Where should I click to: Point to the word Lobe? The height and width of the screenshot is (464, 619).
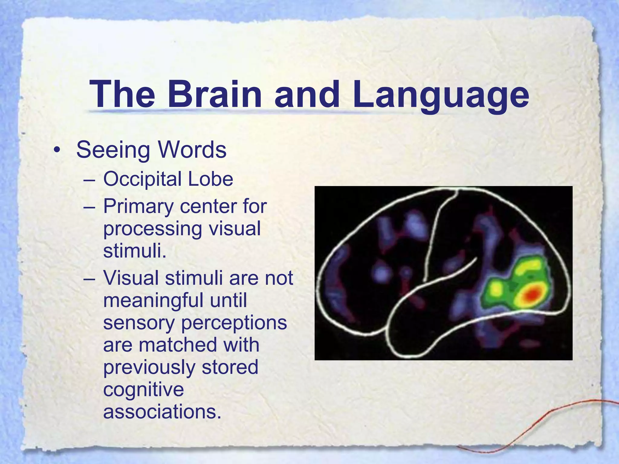[x=211, y=179]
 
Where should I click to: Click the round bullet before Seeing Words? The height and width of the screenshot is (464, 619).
[x=56, y=150]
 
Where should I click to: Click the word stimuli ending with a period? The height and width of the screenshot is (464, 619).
[x=135, y=251]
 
